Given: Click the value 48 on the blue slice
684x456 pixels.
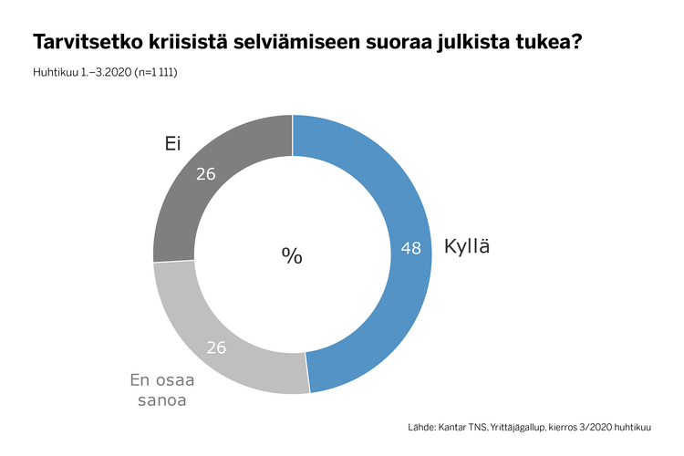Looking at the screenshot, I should point(410,248).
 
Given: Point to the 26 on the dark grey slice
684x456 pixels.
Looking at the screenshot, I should point(206,172).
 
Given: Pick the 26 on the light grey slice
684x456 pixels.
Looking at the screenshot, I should point(215,347).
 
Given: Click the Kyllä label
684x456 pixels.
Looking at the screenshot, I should point(467,246).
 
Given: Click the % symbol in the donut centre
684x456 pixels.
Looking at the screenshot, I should point(292,255).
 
